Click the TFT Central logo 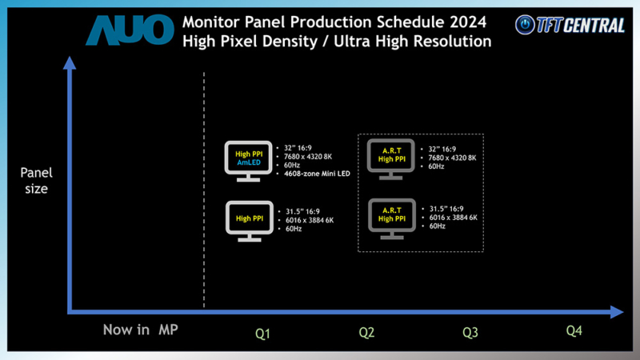click(x=570, y=25)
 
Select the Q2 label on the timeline click(x=366, y=332)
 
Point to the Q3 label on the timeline click(x=472, y=332)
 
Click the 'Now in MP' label click(x=140, y=330)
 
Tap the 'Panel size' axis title click(x=35, y=180)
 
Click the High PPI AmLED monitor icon click(x=249, y=161)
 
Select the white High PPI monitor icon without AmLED click(x=249, y=220)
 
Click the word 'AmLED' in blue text click(x=249, y=162)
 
